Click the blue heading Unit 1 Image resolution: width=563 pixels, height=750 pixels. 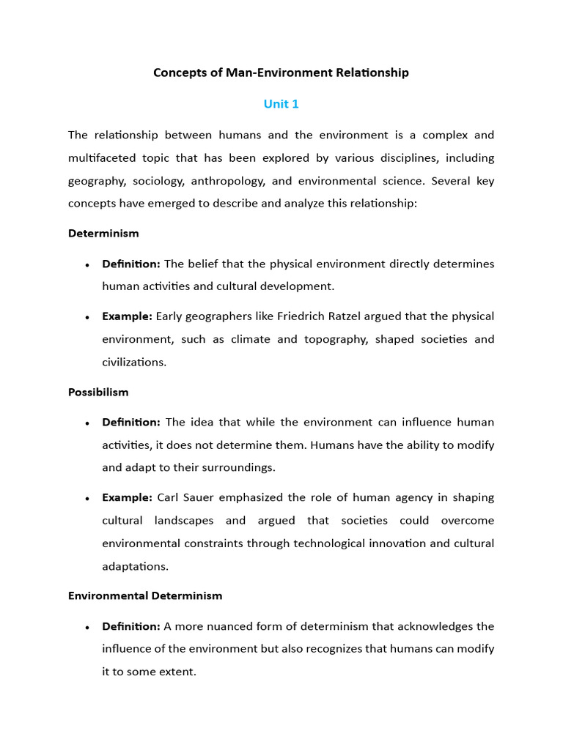tap(281, 104)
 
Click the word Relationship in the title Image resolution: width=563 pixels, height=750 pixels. tap(375, 73)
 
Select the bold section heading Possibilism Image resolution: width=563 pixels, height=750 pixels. tap(98, 392)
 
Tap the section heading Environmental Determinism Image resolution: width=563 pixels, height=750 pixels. tap(145, 595)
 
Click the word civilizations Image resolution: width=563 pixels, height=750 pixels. tap(134, 362)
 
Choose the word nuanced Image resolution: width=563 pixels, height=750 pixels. tap(224, 626)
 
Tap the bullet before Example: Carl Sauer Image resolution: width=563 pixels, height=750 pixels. tap(87, 498)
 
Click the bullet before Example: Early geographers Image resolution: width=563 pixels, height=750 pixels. tap(87, 317)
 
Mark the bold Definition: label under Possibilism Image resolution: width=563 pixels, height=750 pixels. tap(130, 422)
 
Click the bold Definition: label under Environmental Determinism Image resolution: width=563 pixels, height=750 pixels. tap(130, 626)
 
